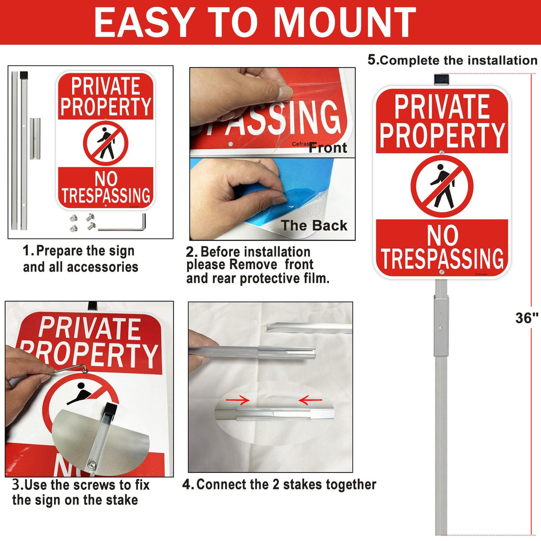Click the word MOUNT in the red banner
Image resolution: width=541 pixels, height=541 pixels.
pos(344,22)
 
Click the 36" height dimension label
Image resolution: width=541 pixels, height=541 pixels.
pos(527,318)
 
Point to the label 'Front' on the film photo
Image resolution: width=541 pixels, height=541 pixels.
pos(328,148)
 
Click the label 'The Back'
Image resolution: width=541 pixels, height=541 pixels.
pos(314,225)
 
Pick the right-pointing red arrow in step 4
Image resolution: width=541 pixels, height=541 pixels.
pos(238,400)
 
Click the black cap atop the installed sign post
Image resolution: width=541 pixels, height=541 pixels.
pos(441,79)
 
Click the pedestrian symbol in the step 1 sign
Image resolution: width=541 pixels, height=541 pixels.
pos(106,143)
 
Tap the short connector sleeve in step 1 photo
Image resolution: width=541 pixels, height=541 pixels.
pos(35,139)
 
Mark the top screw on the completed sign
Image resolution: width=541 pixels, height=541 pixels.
pos(442,153)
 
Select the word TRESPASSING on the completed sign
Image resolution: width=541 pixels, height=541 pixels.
pos(442,259)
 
